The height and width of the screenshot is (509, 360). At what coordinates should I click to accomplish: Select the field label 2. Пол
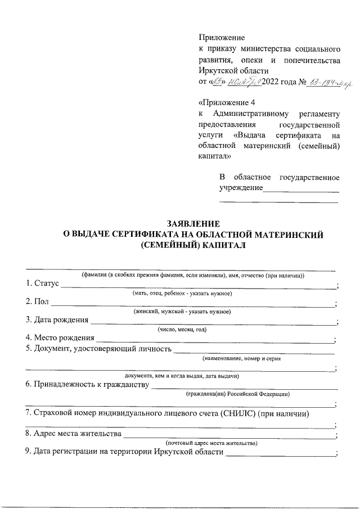point(37,303)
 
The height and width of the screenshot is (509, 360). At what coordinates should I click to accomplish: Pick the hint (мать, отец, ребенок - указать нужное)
point(182,294)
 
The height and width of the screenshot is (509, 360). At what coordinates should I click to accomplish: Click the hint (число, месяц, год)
point(182,330)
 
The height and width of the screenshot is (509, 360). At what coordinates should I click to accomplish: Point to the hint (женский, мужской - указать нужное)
point(182,312)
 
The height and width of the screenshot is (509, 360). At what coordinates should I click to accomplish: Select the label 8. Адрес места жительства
point(73,434)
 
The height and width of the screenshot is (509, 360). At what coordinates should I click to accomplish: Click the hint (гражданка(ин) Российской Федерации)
point(238,394)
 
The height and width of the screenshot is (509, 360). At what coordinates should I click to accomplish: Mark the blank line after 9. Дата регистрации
point(279,455)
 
